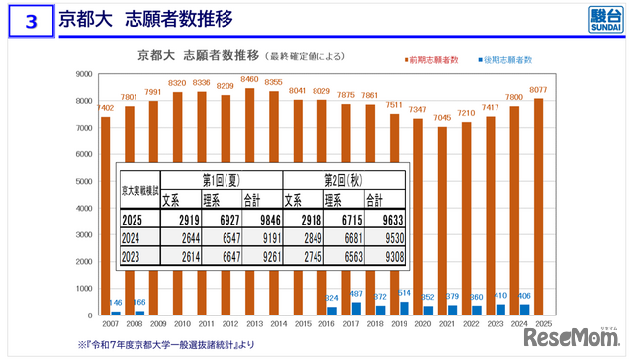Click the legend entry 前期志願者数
[x=435, y=60]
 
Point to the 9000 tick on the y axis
[x=84, y=74]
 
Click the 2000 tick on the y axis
[x=84, y=261]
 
